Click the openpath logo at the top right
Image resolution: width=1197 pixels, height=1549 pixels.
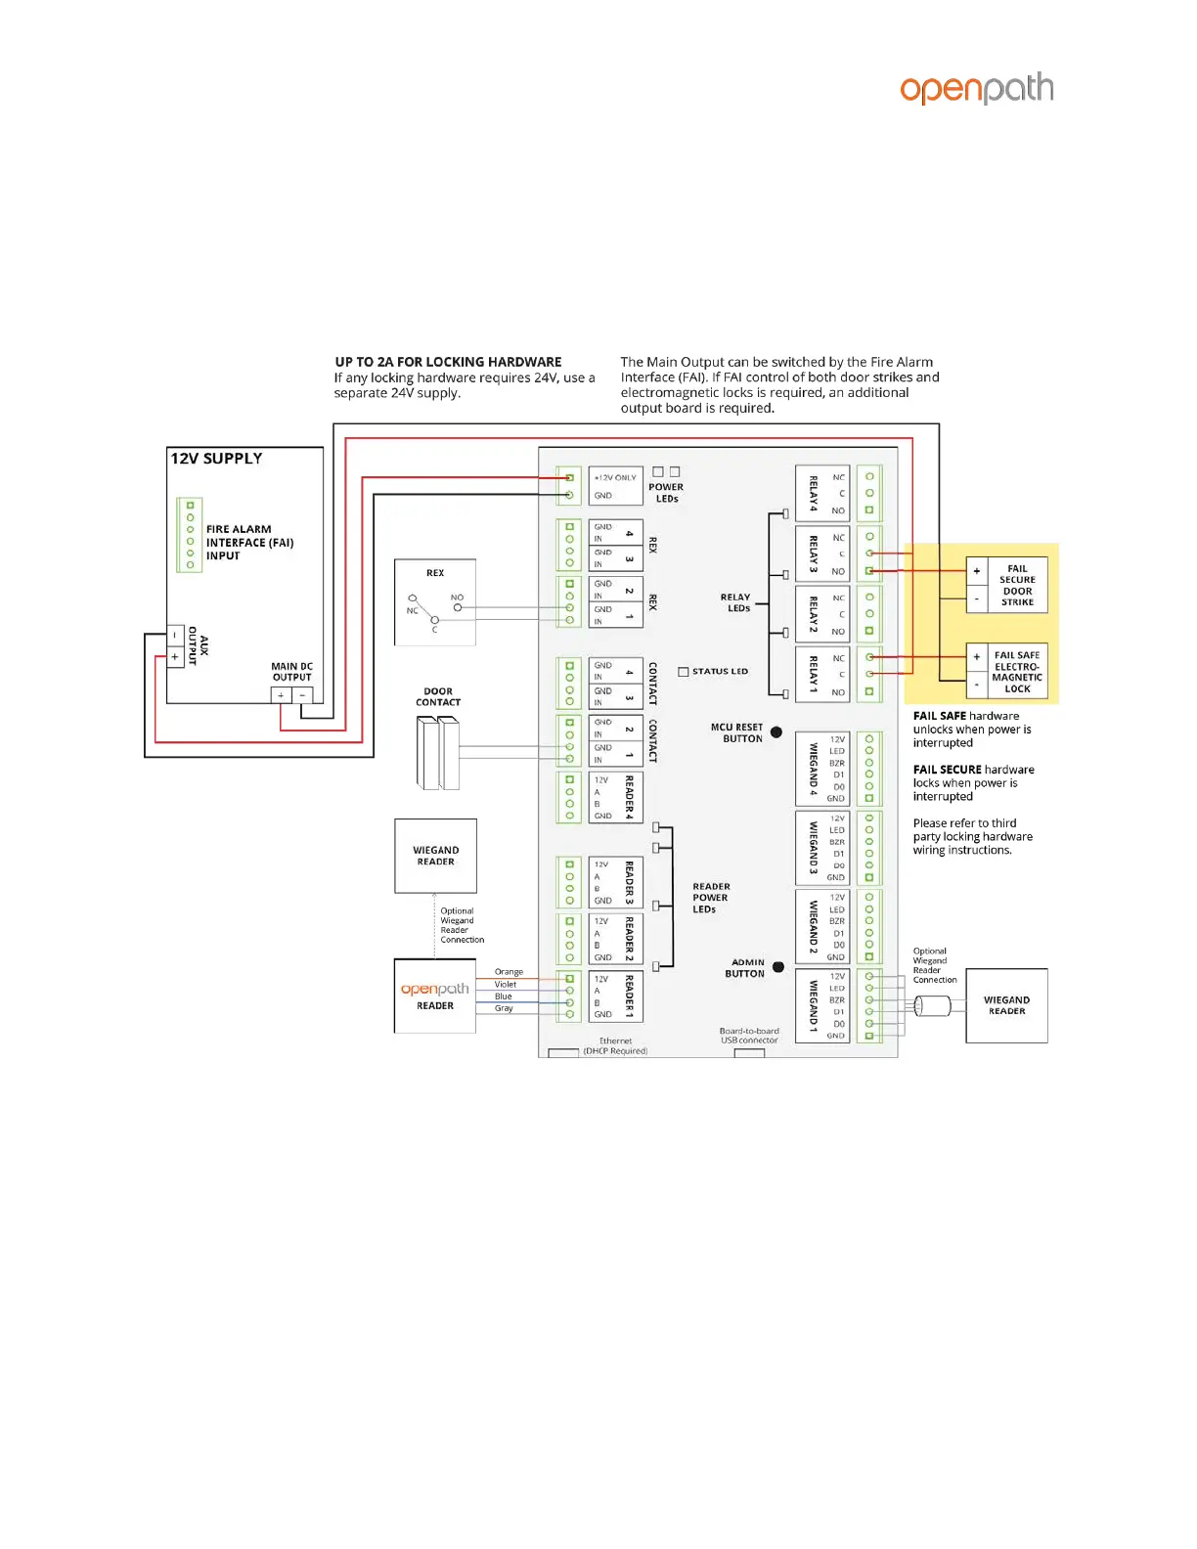click(976, 89)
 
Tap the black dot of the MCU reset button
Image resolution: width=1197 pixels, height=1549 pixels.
click(776, 731)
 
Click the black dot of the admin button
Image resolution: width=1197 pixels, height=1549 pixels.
click(778, 967)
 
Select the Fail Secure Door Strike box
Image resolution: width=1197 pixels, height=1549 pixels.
click(1017, 585)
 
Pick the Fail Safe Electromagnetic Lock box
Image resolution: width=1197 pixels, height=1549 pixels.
click(1017, 671)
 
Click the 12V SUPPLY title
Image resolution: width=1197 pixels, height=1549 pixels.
click(216, 459)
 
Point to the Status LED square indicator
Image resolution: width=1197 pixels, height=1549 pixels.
click(684, 672)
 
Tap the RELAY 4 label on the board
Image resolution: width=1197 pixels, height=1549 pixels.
click(813, 493)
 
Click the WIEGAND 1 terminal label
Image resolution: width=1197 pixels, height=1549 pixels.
click(813, 1005)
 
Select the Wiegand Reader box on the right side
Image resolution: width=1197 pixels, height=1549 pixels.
click(1006, 1005)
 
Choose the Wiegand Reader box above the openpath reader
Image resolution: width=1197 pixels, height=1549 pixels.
click(435, 856)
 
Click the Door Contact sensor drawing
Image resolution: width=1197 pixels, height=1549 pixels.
click(438, 753)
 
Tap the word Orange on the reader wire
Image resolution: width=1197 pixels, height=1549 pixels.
click(509, 972)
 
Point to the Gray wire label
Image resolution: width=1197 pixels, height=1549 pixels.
click(504, 1008)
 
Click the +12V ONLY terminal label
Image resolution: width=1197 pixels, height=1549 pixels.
click(615, 478)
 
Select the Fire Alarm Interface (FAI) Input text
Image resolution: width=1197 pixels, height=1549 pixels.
click(249, 543)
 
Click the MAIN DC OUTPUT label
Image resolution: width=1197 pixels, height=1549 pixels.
click(291, 672)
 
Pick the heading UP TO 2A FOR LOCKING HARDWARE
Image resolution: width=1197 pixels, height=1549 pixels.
click(448, 362)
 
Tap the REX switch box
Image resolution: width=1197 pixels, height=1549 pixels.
click(435, 602)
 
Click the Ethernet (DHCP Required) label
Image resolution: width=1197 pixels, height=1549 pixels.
click(615, 1046)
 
